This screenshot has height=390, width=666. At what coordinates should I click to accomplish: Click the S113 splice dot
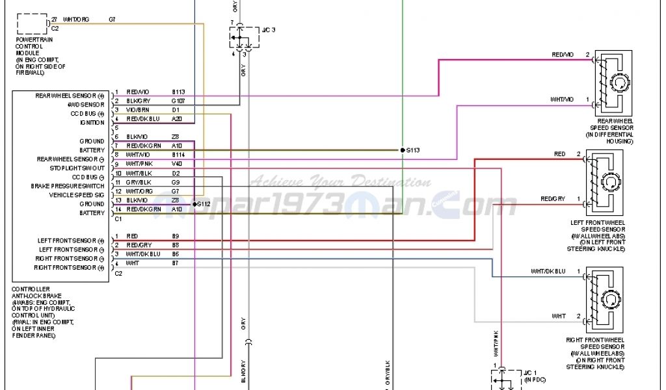point(403,150)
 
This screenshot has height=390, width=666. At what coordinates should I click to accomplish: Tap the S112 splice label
point(204,204)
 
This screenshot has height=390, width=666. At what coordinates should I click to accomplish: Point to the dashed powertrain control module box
point(31,23)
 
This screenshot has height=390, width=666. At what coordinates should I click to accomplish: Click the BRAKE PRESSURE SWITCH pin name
point(68,186)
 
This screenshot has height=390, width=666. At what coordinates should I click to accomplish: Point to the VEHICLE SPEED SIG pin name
point(77,195)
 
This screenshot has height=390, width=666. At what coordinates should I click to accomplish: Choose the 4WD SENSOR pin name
point(86,104)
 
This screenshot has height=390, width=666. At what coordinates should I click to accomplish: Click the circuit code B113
point(178,92)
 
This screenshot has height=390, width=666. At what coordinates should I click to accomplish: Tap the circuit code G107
point(178,101)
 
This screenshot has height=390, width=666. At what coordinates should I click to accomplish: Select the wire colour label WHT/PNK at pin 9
point(140,164)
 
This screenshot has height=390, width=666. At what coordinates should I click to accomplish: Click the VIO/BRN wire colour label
point(139,110)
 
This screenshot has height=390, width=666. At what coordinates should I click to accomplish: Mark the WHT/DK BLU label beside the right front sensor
point(548,270)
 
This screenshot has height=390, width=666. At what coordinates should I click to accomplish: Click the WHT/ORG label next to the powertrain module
point(76,20)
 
